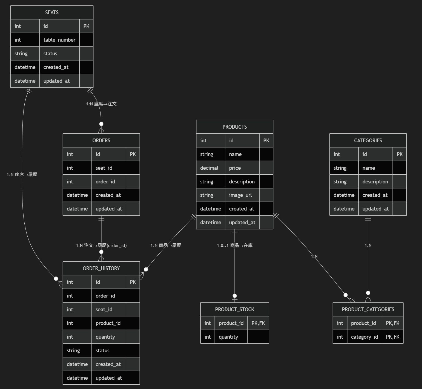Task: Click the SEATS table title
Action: tap(52, 12)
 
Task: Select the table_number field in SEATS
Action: tap(59, 40)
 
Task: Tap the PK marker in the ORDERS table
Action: tap(133, 154)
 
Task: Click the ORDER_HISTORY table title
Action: tap(101, 268)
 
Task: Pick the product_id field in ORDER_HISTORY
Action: tap(108, 323)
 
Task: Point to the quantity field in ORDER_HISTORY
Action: tap(105, 337)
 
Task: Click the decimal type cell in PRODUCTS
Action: tap(209, 168)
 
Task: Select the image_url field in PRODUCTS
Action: tap(240, 195)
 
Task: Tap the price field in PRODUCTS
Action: tap(235, 168)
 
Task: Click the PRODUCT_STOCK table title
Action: tap(234, 309)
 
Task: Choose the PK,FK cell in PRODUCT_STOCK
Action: tap(258, 323)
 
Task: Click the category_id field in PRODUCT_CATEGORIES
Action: tap(364, 337)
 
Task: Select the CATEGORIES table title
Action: tap(368, 140)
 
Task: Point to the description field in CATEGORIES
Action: tap(375, 181)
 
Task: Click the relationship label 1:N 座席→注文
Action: tap(101, 104)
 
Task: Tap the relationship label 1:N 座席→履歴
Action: tap(22, 174)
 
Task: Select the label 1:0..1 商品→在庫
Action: tap(235, 245)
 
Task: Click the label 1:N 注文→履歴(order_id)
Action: tap(101, 245)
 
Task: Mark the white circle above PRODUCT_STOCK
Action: tap(235, 296)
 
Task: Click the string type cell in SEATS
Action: tap(21, 53)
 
